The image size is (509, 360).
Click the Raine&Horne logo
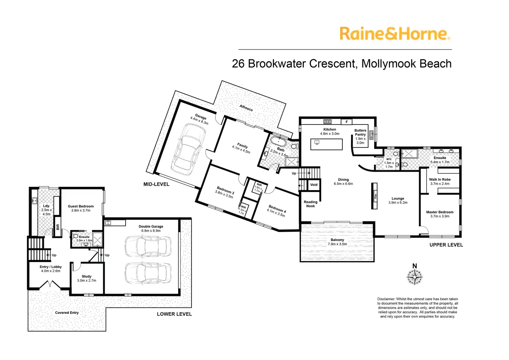pos(395,34)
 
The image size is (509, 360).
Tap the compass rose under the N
pos(414,277)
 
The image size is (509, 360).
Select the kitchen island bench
pos(326,144)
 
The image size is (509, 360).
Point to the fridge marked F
pos(346,122)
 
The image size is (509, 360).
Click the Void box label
pos(314,185)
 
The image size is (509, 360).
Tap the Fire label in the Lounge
pos(376,196)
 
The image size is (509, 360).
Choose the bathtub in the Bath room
pos(279,142)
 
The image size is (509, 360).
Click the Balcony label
pos(337,240)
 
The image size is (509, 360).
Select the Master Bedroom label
pos(439,212)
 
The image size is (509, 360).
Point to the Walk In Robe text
pos(440,179)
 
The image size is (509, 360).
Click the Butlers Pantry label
pos(360,132)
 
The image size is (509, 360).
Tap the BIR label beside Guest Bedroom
pos(58,227)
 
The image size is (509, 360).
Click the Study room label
pos(86,276)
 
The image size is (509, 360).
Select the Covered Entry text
pos(67,313)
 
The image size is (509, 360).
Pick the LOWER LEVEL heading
pos(174,314)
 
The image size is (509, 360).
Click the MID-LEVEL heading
pos(156,184)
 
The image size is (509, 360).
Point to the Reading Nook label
pos(311,204)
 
